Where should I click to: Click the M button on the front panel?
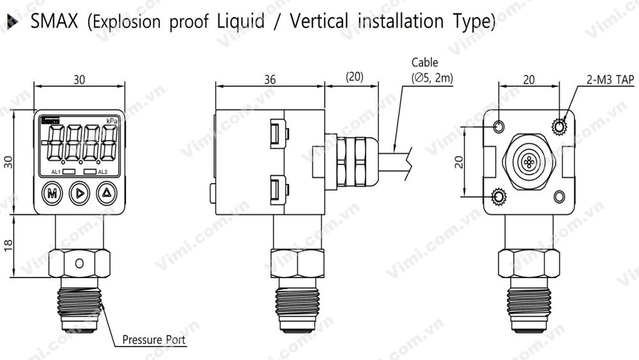tap(50, 192)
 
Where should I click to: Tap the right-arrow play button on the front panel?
tap(79, 192)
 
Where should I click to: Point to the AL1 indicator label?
tap(56, 173)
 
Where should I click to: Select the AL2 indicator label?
tap(102, 173)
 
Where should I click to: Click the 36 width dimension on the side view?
tap(270, 79)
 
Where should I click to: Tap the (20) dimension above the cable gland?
tap(354, 77)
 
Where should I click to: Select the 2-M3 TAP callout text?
tap(610, 80)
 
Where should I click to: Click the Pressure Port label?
tap(154, 340)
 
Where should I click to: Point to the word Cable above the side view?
tap(425, 63)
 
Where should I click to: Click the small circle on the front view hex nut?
tap(79, 263)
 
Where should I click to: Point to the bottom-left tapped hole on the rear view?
tap(498, 195)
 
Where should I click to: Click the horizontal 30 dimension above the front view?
tap(79, 80)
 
